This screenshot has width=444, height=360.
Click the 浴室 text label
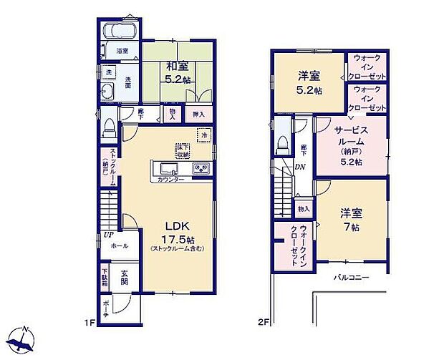pyautogui.click(x=123, y=51)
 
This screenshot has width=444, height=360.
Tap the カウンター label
pyautogui.click(x=170, y=179)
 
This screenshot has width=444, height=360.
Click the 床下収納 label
pyautogui.click(x=183, y=150)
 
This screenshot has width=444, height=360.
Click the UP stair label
pyautogui.click(x=108, y=234)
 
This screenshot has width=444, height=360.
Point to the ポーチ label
pyautogui.click(x=106, y=306)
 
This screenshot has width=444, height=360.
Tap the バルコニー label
pyautogui.click(x=350, y=278)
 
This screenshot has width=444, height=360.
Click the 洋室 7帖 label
pyautogui.click(x=351, y=219)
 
